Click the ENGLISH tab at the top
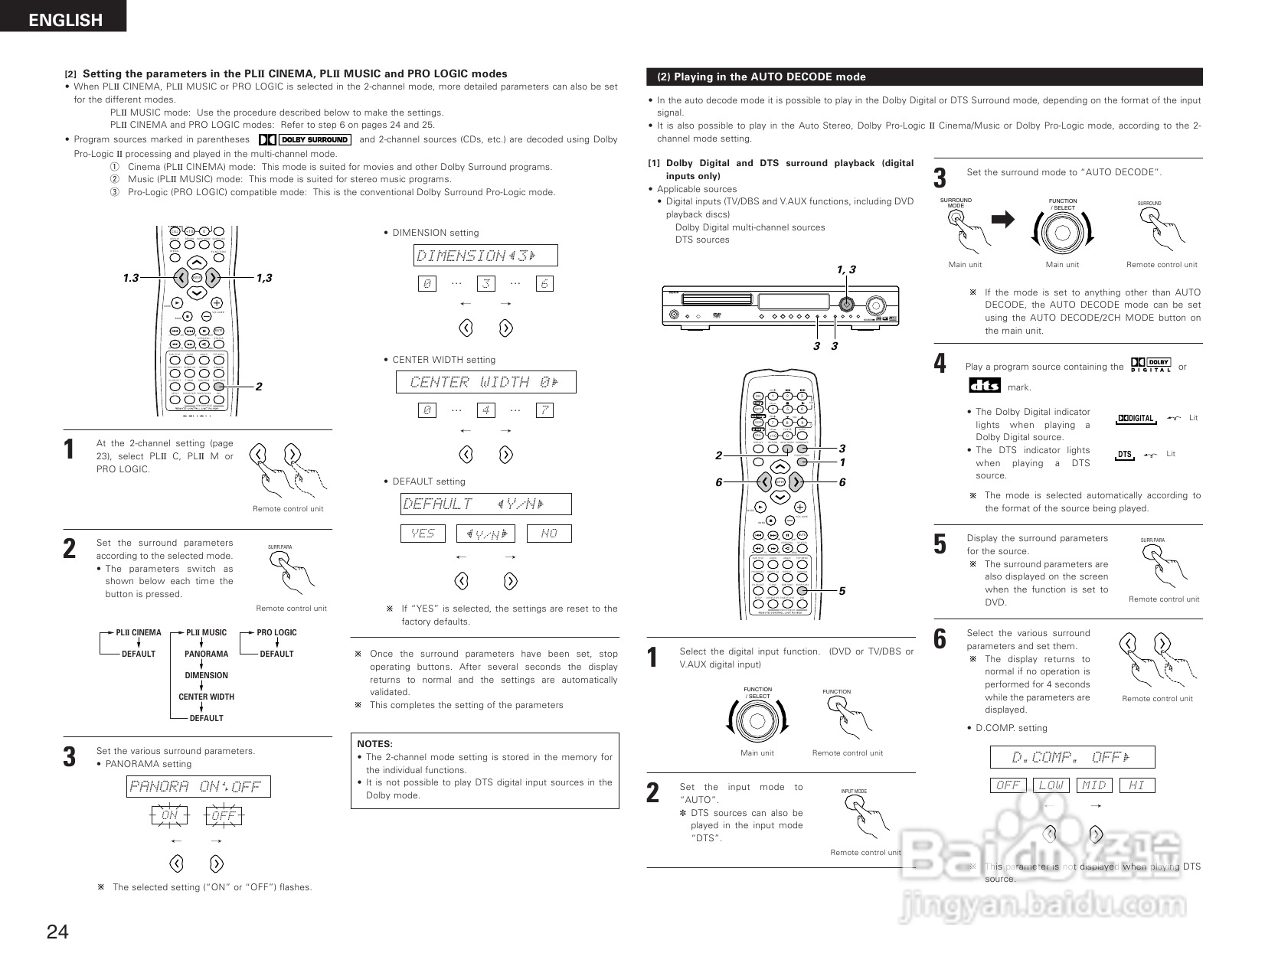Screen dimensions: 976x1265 pos(64,19)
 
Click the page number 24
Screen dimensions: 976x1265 pos(57,932)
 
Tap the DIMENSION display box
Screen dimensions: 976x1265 pos(485,256)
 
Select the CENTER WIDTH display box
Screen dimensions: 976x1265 pos(485,382)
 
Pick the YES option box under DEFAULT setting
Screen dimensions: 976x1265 pos(423,534)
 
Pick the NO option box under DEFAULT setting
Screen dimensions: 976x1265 pos(549,534)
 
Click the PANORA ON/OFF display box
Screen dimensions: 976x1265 pos(198,786)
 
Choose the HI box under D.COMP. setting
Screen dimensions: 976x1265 pos(1136,785)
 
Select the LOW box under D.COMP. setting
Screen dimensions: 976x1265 pos(1051,785)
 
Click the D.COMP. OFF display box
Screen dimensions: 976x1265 pos(1072,757)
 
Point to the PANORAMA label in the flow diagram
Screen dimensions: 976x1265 pos(206,654)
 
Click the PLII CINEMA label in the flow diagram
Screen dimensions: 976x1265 pos(138,632)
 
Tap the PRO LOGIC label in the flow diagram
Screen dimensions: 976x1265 pos(276,632)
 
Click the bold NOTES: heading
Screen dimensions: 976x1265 pos(374,744)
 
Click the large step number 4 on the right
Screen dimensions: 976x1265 pos(940,364)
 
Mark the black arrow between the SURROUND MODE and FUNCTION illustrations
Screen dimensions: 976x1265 pos(1002,220)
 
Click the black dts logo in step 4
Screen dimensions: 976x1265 pos(984,385)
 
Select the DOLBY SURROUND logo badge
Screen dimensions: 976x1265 pos(306,139)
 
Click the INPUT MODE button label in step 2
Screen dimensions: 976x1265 pos(854,791)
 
